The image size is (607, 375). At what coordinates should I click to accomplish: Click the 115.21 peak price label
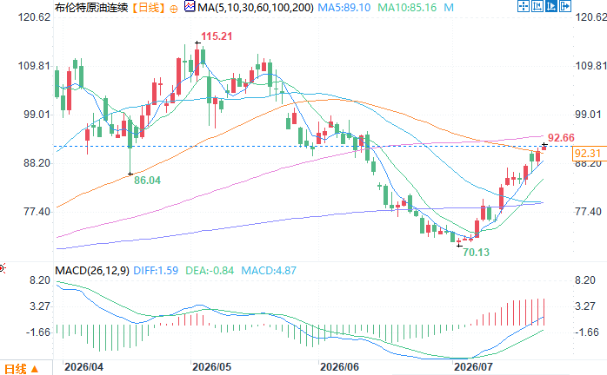click(217, 36)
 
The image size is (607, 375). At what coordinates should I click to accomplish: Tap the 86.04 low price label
click(147, 181)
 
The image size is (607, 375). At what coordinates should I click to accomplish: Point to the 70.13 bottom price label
click(477, 253)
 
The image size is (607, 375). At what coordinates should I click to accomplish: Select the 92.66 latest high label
click(561, 138)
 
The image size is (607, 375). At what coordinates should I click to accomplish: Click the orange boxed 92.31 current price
click(587, 154)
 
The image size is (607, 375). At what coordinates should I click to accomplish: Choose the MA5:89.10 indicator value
click(344, 7)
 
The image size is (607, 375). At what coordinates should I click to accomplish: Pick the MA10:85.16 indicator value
click(407, 7)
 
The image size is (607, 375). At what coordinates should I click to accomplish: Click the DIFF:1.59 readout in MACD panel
click(156, 270)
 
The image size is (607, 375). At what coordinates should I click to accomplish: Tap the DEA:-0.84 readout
click(210, 270)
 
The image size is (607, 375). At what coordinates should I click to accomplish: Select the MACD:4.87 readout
click(269, 270)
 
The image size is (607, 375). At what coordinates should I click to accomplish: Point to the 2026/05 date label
click(211, 367)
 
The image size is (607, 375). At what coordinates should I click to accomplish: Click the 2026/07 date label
click(473, 367)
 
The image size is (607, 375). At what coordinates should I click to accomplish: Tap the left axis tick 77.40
click(37, 212)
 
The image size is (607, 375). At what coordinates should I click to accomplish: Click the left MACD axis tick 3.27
click(40, 306)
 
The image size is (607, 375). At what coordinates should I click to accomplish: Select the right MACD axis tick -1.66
click(587, 332)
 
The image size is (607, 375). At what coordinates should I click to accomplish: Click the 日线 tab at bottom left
click(16, 369)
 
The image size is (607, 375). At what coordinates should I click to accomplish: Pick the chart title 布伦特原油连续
click(91, 7)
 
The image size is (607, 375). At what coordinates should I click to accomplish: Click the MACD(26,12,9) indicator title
click(92, 270)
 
